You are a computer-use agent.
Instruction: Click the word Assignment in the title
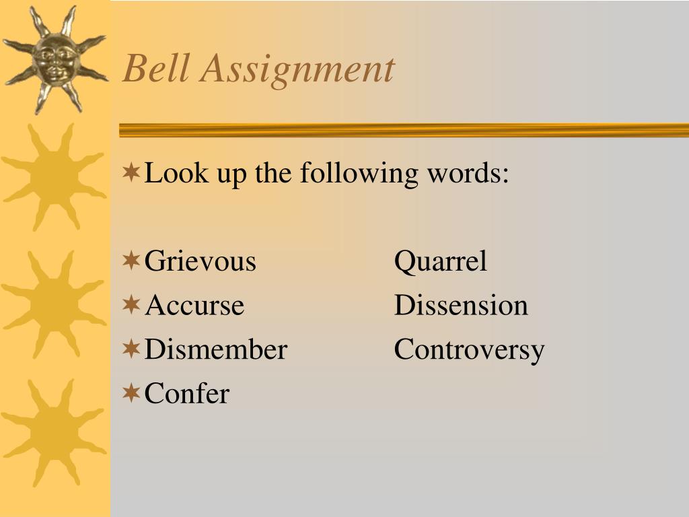tap(297, 70)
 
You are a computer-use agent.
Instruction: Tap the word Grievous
tap(200, 261)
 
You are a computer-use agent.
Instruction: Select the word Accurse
tap(194, 305)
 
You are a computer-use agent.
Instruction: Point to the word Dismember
tap(216, 349)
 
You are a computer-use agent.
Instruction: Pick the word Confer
tap(187, 393)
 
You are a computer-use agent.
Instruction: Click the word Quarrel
tap(441, 262)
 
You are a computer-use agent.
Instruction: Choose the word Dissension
tap(461, 305)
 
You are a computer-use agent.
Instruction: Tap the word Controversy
tap(469, 351)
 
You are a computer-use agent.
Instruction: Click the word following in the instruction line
tap(359, 174)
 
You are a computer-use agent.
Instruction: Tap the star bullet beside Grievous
tap(131, 261)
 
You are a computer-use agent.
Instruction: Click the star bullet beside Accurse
tap(131, 304)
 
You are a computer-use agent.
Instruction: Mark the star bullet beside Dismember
tap(131, 349)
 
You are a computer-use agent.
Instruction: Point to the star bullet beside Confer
tap(131, 392)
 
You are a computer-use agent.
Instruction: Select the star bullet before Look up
tap(131, 172)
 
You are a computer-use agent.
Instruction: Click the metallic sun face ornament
tap(56, 60)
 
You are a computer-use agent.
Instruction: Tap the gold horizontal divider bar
tap(404, 130)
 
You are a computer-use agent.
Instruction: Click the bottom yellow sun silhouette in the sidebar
tap(55, 433)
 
